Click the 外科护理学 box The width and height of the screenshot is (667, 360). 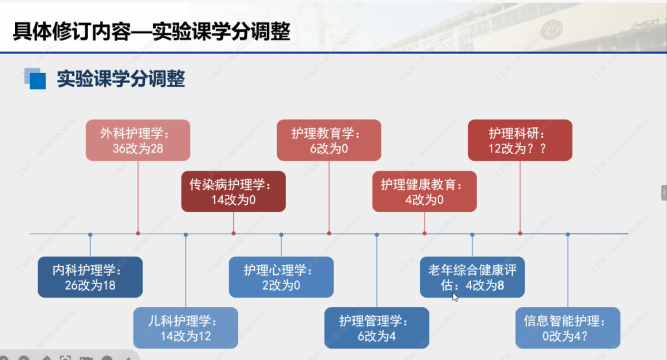click(x=138, y=140)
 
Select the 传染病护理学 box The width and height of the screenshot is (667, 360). click(x=234, y=192)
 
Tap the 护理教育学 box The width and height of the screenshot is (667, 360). click(x=329, y=140)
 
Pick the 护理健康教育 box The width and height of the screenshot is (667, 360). click(x=425, y=192)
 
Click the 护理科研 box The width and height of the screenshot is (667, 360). click(x=520, y=140)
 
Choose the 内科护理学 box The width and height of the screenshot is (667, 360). click(x=90, y=277)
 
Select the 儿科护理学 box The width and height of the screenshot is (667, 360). click(x=186, y=327)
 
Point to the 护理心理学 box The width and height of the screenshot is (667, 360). click(x=281, y=277)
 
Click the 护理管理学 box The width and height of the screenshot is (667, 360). click(x=377, y=327)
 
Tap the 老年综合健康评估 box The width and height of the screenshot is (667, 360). click(x=472, y=277)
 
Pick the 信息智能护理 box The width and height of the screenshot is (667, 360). click(x=568, y=327)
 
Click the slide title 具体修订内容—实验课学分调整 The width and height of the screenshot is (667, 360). click(x=151, y=32)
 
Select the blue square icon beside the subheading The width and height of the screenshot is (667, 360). click(x=36, y=79)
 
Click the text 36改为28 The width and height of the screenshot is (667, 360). click(x=138, y=148)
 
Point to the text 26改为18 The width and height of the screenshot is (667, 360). click(x=90, y=285)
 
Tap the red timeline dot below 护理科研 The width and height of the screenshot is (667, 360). click(x=520, y=233)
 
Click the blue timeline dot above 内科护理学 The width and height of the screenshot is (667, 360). click(x=90, y=234)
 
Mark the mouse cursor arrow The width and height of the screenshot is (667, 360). click(x=455, y=297)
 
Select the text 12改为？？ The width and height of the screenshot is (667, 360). click(x=518, y=148)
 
